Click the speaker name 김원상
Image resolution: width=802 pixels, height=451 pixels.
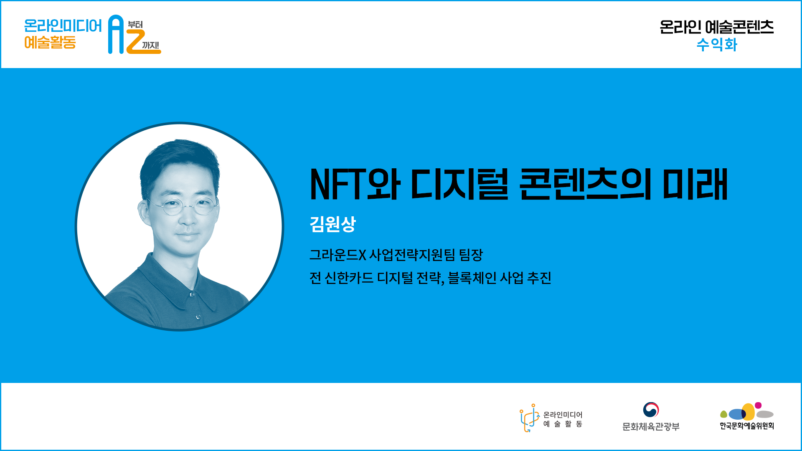pyautogui.click(x=332, y=224)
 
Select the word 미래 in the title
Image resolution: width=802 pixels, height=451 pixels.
pyautogui.click(x=695, y=184)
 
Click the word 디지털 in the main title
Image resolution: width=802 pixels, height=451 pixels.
pyautogui.click(x=459, y=184)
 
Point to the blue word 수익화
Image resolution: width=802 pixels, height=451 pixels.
pyautogui.click(x=717, y=45)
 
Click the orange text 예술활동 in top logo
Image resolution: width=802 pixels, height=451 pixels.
pyautogui.click(x=50, y=43)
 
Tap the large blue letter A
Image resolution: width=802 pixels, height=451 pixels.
pyautogui.click(x=116, y=34)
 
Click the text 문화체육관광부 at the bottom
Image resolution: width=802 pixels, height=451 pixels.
pyautogui.click(x=651, y=427)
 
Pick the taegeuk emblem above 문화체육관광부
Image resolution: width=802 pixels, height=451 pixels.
pyautogui.click(x=651, y=410)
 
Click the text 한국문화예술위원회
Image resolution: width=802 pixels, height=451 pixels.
pyautogui.click(x=747, y=426)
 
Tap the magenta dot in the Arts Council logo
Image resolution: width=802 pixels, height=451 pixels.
pyautogui.click(x=758, y=405)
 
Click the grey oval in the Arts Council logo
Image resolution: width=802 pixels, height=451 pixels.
pyautogui.click(x=765, y=414)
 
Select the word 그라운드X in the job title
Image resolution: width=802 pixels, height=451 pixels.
pyautogui.click(x=338, y=255)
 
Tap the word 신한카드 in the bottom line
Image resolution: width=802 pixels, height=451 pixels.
pyautogui.click(x=349, y=278)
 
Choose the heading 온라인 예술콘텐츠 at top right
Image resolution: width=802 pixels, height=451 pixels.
pyautogui.click(x=717, y=27)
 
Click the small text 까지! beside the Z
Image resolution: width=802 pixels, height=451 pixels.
pyautogui.click(x=150, y=45)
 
